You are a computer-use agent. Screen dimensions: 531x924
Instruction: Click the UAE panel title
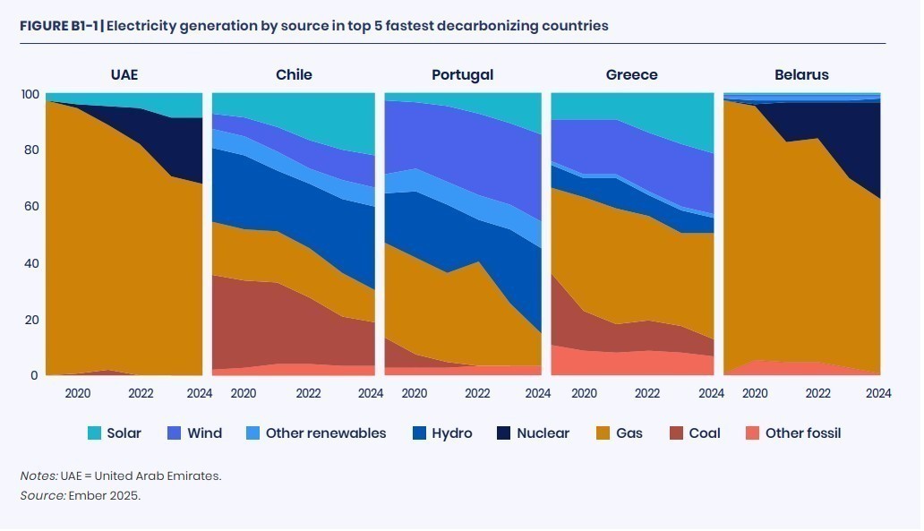124,74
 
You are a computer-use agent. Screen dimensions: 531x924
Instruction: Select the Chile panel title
294,74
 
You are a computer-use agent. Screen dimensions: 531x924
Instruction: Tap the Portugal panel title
462,74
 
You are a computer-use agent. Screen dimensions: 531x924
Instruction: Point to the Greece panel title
631,74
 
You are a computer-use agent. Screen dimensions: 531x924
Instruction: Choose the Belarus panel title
801,74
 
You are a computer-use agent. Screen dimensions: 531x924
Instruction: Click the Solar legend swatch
94,433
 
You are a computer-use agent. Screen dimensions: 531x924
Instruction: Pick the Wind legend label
204,433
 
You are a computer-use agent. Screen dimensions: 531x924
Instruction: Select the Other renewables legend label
326,433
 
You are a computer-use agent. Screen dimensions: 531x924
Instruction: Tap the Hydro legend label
451,433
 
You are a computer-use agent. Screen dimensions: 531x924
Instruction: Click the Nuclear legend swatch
504,433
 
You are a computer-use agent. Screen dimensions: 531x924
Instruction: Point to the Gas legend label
629,433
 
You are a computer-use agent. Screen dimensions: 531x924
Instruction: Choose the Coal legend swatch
676,433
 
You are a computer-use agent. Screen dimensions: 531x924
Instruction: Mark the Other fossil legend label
802,433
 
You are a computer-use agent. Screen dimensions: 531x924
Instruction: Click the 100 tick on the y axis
30,94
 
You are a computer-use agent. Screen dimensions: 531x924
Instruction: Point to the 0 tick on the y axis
35,376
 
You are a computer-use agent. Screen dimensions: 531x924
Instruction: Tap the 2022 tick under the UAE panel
141,393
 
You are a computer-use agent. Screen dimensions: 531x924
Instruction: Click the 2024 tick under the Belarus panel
878,393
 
